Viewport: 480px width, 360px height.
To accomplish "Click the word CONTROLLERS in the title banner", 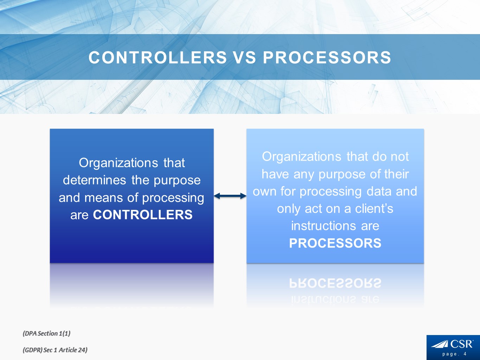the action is pyautogui.click(x=158, y=58).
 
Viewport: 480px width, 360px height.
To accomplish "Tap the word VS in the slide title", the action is pyautogui.click(x=245, y=58).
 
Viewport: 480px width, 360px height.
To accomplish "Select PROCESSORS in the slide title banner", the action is pyautogui.click(x=327, y=58).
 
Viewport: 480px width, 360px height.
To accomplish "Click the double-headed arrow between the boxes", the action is pyautogui.click(x=230, y=196).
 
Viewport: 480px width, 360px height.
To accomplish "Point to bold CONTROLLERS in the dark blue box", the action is pyautogui.click(x=143, y=215).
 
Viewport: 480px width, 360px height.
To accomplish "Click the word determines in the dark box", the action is pyautogui.click(x=95, y=180).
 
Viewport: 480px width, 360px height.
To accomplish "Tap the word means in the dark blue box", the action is pyautogui.click(x=103, y=198).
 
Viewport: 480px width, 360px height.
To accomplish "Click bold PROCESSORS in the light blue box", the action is pyautogui.click(x=335, y=243).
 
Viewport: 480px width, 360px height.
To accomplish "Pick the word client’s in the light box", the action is pyautogui.click(x=374, y=208).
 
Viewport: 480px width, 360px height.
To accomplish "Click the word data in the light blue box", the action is pyautogui.click(x=379, y=192).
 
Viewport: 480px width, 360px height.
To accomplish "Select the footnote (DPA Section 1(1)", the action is pyautogui.click(x=46, y=333).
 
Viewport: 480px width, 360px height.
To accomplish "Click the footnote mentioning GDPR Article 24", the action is pyautogui.click(x=55, y=350).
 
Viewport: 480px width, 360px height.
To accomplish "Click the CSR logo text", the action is pyautogui.click(x=462, y=344).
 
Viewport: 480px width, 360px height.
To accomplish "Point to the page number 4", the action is pyautogui.click(x=465, y=354).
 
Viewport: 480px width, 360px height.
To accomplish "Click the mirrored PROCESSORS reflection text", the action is pyautogui.click(x=335, y=283).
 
